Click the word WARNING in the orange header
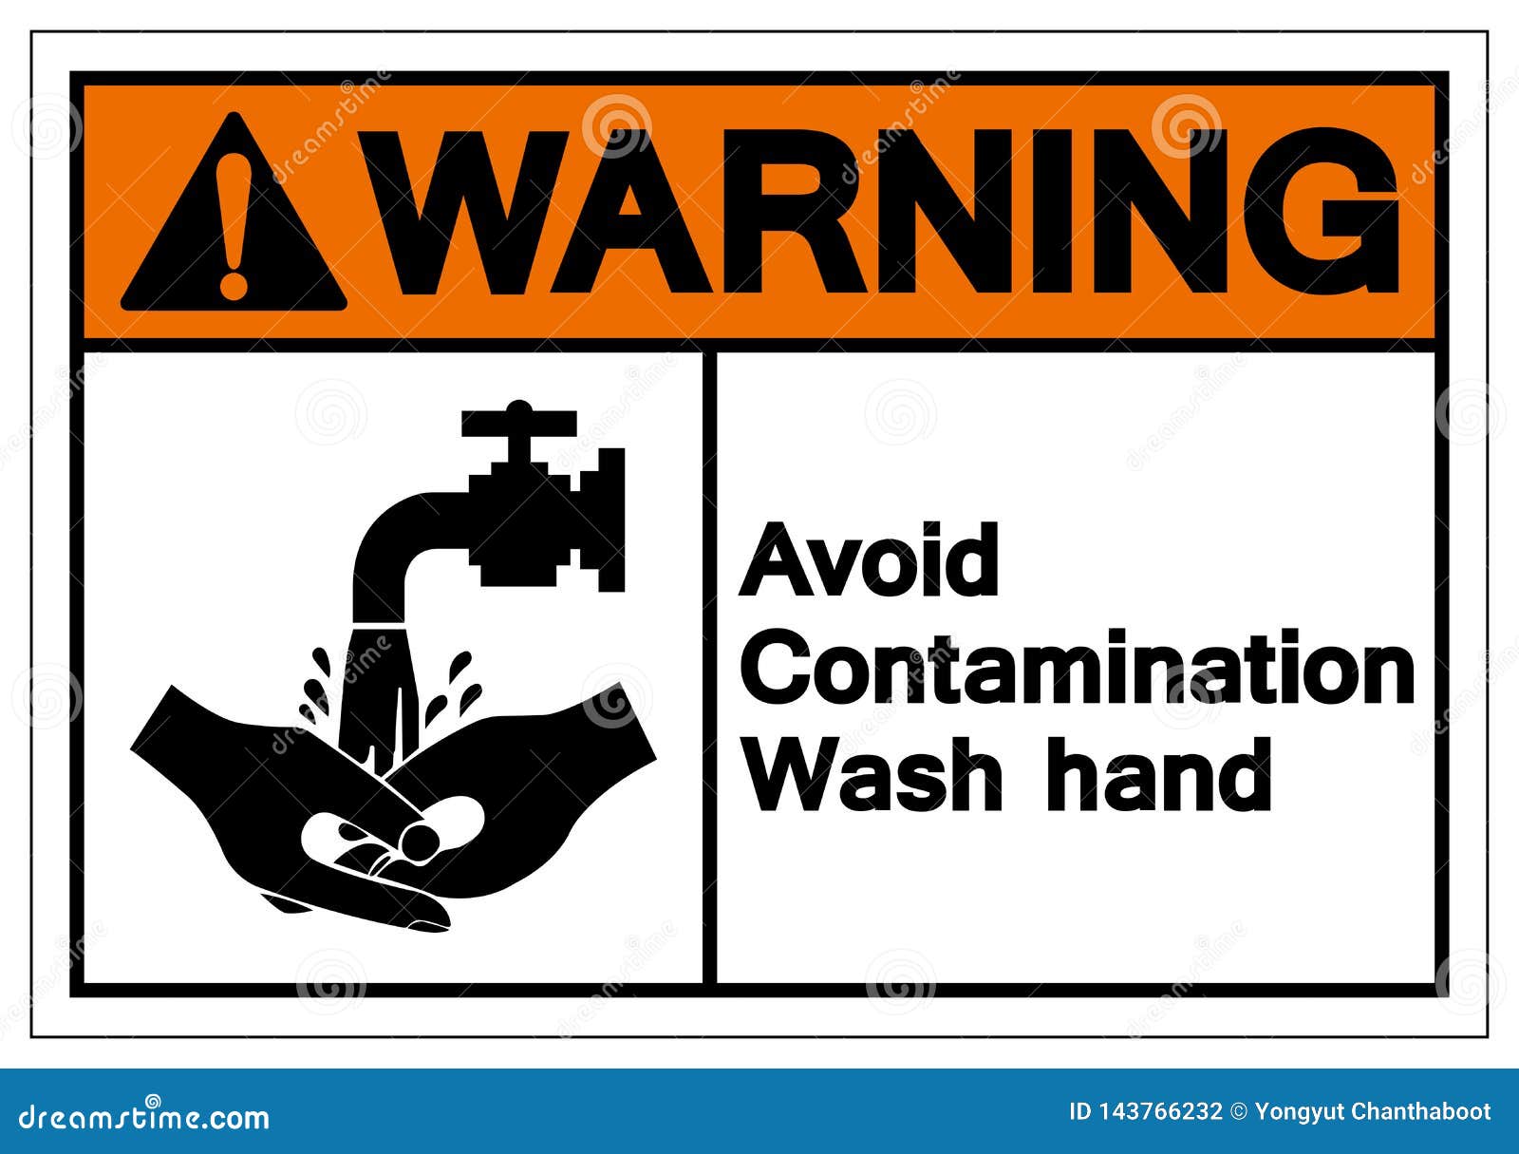892,211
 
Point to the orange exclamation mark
234,223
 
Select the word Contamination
1078,670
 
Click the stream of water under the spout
378,684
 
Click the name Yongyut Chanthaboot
1373,1111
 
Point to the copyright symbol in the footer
1238,1111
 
